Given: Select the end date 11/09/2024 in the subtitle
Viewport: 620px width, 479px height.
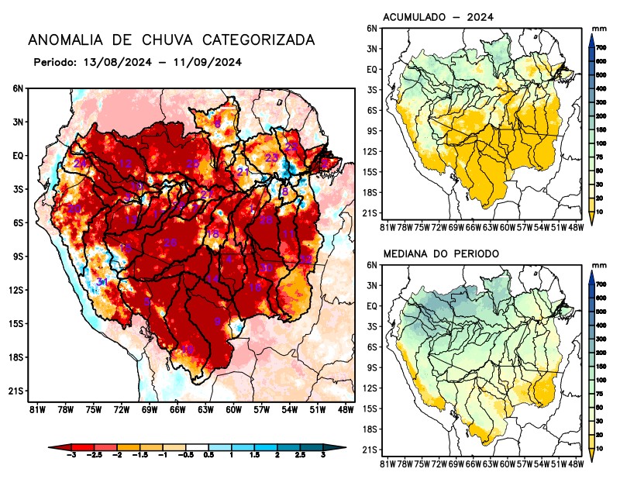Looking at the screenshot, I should coord(211,62).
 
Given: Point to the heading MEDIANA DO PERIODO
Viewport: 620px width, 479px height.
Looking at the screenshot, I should coord(440,253).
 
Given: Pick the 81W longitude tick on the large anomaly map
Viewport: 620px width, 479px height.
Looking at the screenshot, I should coord(34,409).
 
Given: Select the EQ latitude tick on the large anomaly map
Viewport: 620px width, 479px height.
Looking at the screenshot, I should coord(18,155).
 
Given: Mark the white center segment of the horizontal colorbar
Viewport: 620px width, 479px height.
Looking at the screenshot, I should coord(196,447).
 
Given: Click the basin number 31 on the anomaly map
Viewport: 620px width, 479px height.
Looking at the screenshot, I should coord(102,282).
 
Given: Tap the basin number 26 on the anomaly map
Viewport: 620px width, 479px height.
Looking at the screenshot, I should coord(170,243).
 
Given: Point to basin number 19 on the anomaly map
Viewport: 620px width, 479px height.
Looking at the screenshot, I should coord(188,350).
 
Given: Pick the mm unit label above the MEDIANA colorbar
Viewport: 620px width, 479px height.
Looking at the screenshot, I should coord(598,265).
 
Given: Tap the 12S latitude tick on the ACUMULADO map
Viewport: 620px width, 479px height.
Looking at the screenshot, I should coord(372,151).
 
